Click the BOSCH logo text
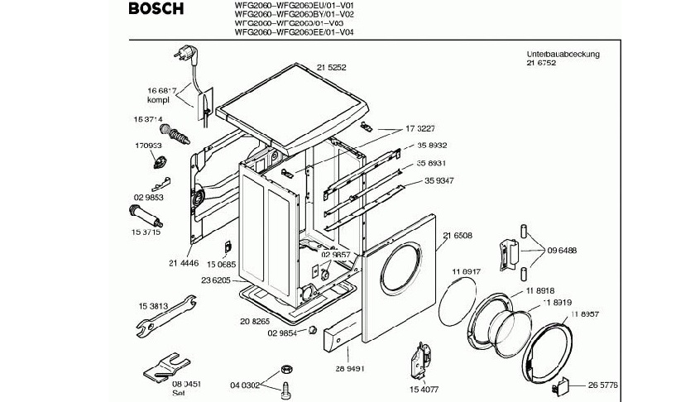pos(155,10)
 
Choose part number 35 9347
pos(443,179)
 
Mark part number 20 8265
pos(256,320)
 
